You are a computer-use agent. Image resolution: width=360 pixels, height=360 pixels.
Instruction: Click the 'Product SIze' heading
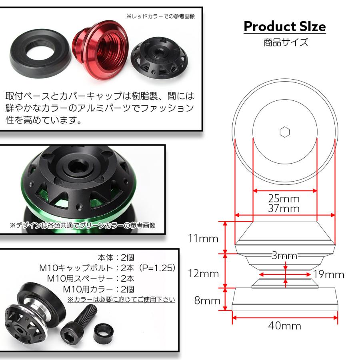[x=284, y=27]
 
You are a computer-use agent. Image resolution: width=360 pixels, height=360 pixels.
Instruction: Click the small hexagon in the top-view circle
[x=284, y=132]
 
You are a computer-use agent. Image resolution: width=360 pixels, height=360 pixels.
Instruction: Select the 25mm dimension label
[x=284, y=198]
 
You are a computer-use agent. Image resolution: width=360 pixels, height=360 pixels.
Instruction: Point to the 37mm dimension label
[x=284, y=208]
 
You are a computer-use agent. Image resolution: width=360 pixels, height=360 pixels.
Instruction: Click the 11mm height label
[x=204, y=239]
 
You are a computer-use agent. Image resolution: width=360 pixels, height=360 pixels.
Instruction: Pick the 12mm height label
[x=204, y=274]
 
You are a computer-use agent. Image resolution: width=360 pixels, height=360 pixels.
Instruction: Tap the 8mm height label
[x=207, y=300]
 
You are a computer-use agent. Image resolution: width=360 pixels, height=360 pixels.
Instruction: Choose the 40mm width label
[x=284, y=326]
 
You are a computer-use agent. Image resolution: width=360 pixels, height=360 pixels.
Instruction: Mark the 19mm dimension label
[x=329, y=274]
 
